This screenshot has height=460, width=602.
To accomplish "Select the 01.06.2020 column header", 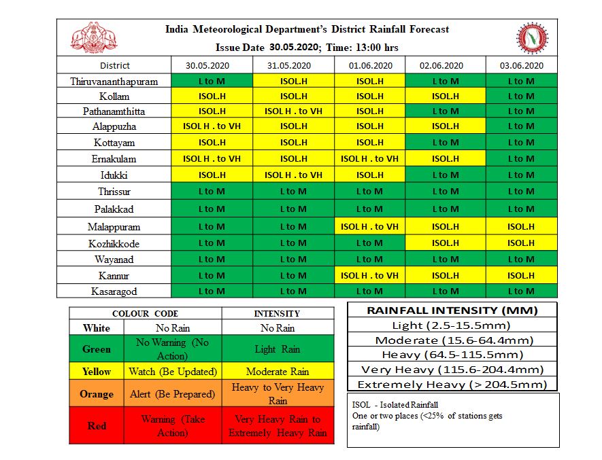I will [370, 66].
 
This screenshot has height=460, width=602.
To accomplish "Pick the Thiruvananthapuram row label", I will [114, 82].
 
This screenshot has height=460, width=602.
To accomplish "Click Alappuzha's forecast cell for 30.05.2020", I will [212, 126].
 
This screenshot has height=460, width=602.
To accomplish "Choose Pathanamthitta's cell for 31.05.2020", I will [293, 111].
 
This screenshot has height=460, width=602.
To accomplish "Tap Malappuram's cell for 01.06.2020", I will [370, 227].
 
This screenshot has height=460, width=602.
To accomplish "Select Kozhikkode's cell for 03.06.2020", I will [520, 243].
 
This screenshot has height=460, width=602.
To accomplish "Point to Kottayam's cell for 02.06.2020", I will [445, 143].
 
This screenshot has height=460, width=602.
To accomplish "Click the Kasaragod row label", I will [114, 291].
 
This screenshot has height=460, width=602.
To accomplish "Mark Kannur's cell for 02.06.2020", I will [445, 275].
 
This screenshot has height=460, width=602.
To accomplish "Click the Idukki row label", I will [114, 175].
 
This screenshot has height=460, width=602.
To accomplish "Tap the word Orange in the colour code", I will [97, 394].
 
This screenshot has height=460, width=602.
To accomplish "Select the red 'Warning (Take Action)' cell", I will [173, 426].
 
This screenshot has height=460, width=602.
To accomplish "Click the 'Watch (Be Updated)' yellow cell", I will [173, 372].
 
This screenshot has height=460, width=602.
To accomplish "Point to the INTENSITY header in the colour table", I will [278, 313].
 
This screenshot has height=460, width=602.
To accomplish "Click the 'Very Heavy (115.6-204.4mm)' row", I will [452, 370].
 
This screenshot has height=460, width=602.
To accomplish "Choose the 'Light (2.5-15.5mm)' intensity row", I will [452, 325].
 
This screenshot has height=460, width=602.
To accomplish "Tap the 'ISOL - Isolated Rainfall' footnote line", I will [386, 405].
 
